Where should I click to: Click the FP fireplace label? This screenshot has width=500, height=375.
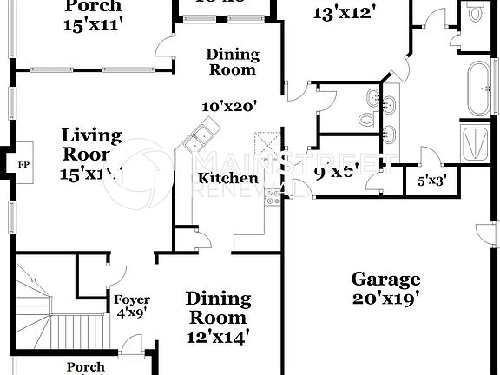(23, 162)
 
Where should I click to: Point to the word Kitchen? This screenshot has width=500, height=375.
(227, 179)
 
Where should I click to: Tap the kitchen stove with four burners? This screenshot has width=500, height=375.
(274, 195)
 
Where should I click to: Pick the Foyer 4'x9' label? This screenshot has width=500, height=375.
(132, 307)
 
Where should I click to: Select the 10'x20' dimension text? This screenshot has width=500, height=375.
(227, 107)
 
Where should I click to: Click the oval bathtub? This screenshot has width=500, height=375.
(477, 88)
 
